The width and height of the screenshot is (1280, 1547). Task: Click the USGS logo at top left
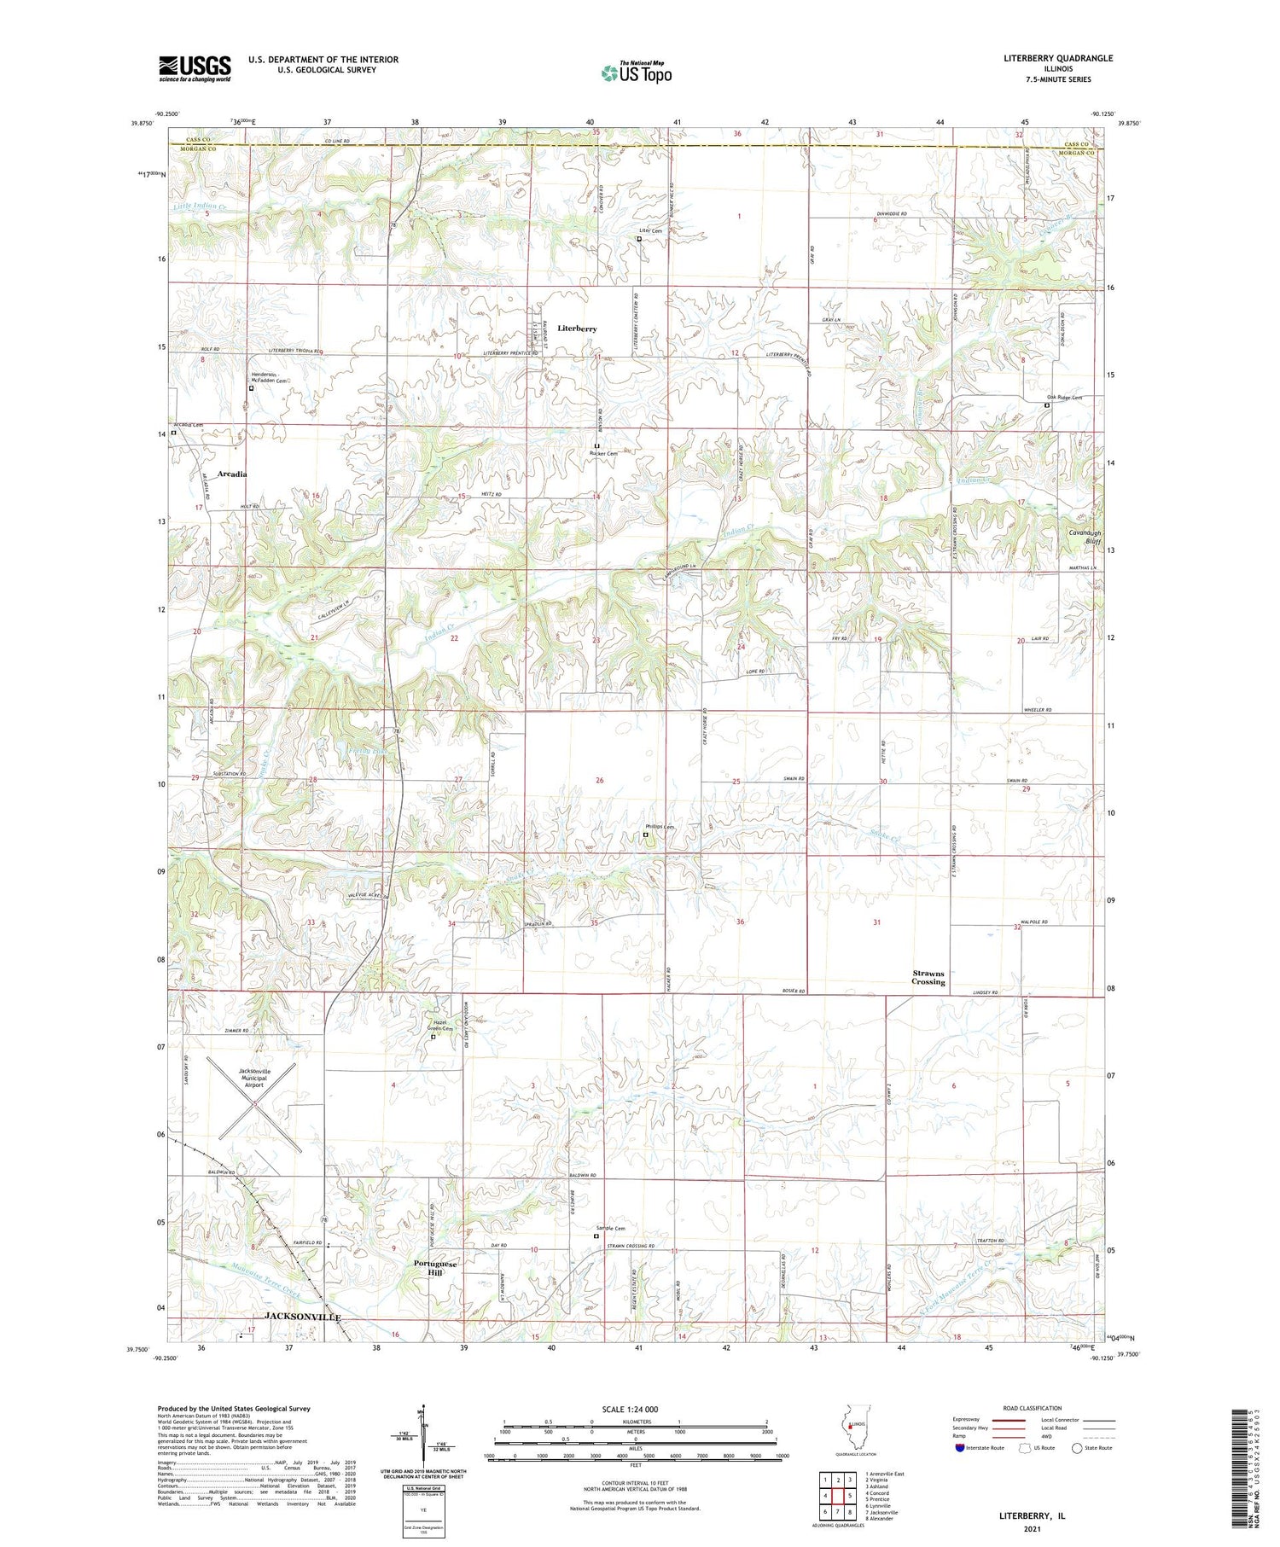(195, 68)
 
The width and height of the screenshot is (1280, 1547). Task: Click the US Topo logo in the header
(637, 73)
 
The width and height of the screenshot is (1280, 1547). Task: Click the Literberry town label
(577, 329)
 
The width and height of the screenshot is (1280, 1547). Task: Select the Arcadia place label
(232, 474)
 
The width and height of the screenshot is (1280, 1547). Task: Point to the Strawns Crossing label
(928, 978)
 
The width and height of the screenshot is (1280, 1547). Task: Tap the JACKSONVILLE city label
(303, 1317)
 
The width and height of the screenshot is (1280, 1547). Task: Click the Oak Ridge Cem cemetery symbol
(1047, 406)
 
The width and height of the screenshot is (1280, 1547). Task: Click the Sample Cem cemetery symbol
(596, 1236)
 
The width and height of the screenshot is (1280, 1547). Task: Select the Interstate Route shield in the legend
(960, 1448)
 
